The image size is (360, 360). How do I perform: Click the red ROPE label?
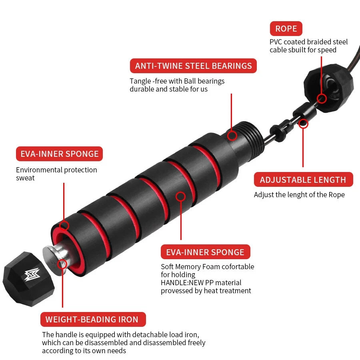tap(286, 29)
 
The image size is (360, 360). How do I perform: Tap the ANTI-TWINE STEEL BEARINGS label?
tap(193, 66)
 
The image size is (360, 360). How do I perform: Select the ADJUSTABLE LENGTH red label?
tap(303, 180)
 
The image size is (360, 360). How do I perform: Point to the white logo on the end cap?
tap(31, 275)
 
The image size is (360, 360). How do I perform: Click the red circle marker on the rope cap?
tap(321, 98)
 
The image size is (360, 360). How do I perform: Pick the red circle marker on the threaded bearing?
tap(232, 135)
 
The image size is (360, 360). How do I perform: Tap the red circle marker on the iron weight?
tap(62, 264)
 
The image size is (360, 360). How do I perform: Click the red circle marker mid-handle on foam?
tap(181, 196)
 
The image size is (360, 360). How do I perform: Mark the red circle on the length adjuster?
tap(304, 123)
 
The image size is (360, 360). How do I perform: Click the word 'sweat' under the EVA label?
tap(25, 178)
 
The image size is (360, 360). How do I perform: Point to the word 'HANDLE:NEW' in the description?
tap(177, 283)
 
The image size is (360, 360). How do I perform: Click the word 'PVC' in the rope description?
tap(276, 42)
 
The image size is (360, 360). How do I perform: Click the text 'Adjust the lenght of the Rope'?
tap(299, 195)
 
